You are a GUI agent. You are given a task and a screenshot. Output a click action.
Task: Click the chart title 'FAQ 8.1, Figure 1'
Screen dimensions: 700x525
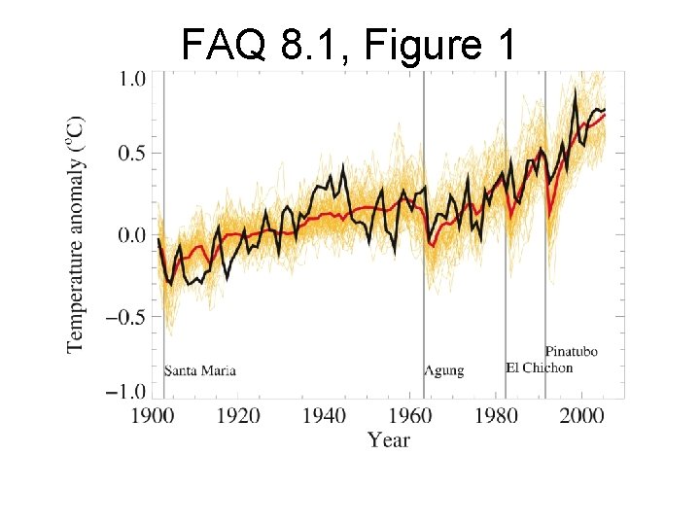click(348, 45)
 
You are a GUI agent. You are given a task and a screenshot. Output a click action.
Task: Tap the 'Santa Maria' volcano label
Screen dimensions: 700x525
click(200, 370)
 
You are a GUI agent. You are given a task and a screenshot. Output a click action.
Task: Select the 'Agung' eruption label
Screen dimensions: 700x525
click(444, 371)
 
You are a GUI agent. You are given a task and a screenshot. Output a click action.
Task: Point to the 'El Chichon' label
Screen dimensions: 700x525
click(540, 367)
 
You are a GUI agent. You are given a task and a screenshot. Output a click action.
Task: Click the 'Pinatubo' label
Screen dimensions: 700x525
click(572, 351)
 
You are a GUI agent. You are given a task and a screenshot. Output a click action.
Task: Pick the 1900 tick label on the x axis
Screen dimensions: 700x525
click(152, 416)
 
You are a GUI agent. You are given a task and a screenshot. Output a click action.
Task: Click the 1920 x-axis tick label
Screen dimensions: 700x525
click(238, 416)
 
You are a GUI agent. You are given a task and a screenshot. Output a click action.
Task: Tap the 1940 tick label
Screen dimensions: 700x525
click(324, 416)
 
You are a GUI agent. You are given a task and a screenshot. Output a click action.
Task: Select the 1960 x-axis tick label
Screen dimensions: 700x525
click(410, 416)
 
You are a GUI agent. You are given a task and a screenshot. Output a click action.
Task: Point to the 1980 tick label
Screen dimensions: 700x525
click(497, 416)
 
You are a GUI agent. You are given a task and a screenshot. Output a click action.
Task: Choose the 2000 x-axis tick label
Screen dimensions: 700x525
click(582, 416)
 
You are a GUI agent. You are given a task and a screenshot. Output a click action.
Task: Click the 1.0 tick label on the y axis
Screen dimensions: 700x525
click(132, 79)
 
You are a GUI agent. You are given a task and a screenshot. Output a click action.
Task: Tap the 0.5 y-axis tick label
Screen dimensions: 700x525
click(132, 154)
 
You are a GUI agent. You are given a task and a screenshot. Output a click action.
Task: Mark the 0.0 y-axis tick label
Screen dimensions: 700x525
click(132, 235)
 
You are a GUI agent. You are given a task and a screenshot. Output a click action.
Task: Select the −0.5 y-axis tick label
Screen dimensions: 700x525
click(125, 317)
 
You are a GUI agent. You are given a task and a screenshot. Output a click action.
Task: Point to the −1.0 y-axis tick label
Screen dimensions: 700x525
click(125, 392)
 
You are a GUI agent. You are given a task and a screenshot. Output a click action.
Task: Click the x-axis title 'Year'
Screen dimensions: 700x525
click(388, 440)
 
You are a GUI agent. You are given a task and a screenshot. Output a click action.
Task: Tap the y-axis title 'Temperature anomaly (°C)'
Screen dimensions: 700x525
click(75, 235)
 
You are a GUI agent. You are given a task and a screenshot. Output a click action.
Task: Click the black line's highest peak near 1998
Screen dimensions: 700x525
click(575, 89)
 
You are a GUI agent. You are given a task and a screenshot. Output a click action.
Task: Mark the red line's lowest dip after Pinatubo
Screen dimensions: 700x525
click(549, 217)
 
